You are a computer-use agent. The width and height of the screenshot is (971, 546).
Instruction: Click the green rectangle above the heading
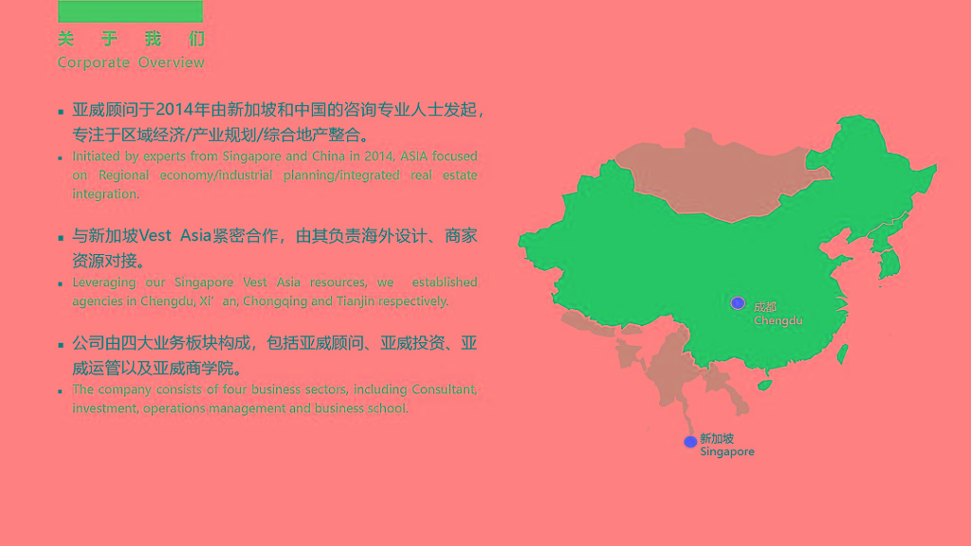130,11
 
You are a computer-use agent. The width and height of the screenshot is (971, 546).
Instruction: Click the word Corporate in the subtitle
94,63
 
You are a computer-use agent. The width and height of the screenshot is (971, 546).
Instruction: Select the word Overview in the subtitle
172,62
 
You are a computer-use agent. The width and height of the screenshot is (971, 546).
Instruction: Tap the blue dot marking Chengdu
738,302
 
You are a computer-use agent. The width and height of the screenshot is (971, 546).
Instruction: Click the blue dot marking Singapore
690,442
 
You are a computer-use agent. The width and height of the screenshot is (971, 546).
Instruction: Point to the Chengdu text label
779,320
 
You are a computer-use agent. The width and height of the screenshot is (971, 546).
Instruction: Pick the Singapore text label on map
727,452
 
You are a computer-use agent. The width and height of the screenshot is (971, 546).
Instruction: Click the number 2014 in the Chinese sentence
174,110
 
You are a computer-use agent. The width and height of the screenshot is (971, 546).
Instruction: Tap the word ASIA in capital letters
413,156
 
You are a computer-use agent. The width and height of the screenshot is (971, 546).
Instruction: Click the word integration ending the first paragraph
106,194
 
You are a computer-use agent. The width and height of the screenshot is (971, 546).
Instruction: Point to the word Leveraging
104,282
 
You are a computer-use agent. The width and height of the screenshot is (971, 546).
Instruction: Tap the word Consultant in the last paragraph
445,390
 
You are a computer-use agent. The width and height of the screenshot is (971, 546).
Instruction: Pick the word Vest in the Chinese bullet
155,236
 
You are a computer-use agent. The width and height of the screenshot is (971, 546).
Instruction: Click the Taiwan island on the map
842,355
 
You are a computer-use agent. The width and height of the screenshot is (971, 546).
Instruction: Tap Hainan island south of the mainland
765,385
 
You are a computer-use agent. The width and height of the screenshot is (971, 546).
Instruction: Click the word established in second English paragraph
445,282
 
